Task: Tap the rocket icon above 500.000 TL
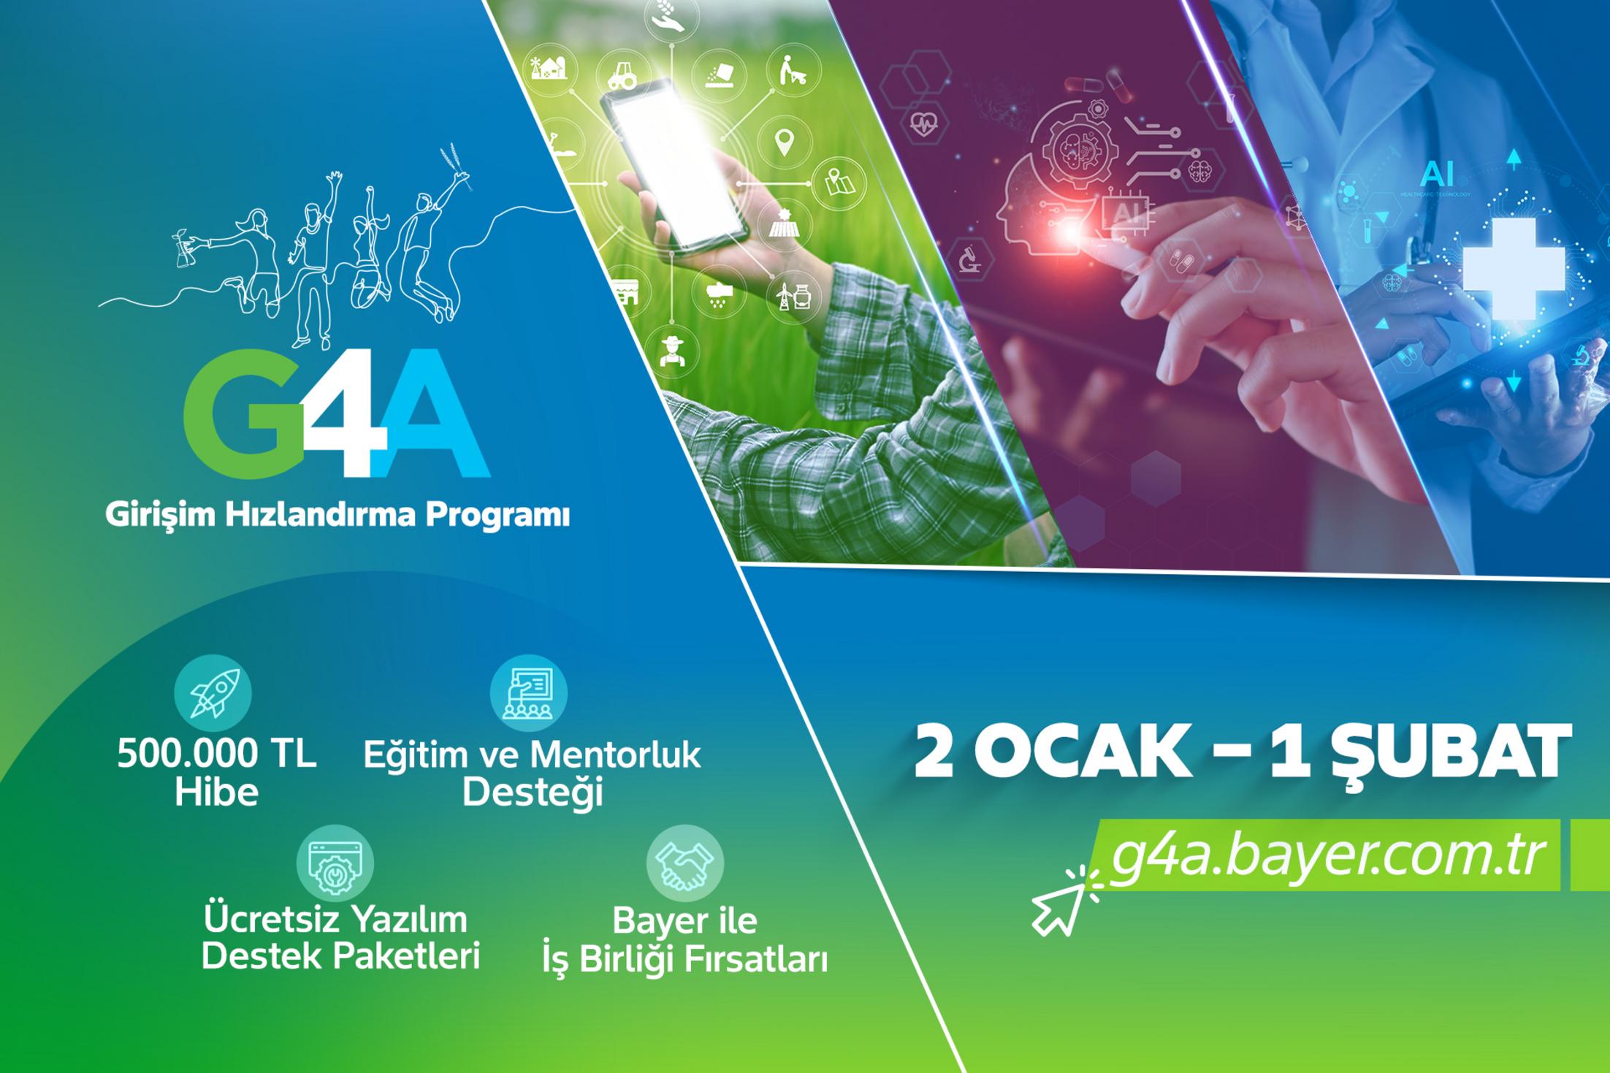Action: pos(213,693)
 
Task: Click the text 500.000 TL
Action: pos(217,755)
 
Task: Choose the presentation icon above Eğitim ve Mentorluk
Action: pos(528,693)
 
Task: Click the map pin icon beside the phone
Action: pos(785,142)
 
